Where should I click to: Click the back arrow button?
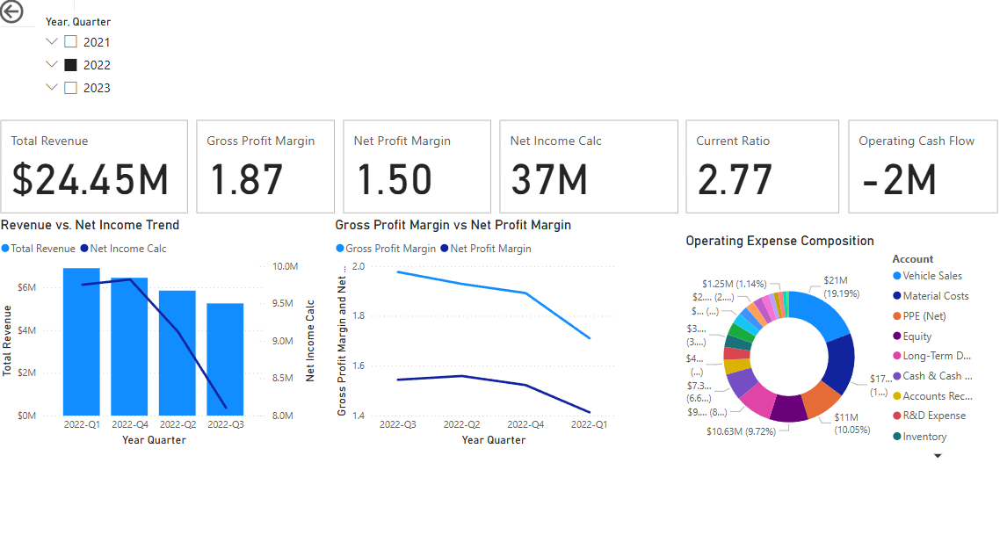11,11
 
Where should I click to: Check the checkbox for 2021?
71,42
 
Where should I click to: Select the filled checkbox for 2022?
71,65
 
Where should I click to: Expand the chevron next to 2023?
52,88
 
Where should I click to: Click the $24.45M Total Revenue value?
91,179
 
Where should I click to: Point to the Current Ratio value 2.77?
735,179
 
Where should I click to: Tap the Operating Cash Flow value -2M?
899,179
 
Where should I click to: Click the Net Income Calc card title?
555,141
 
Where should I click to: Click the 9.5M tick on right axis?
286,304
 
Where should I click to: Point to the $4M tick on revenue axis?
26,330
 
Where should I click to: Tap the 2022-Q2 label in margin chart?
462,425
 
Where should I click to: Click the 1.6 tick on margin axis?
358,366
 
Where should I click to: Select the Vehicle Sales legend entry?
931,276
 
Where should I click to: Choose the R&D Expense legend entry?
933,416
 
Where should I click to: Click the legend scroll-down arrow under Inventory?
938,456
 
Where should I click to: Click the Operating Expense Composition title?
779,241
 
